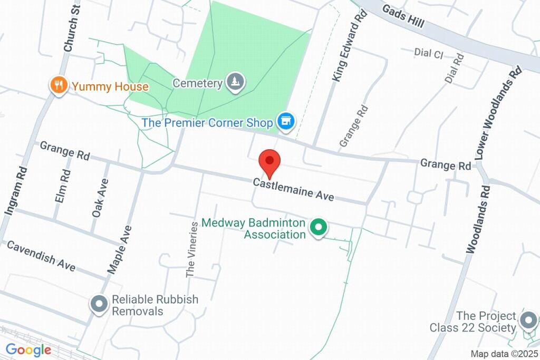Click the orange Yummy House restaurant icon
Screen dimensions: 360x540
coord(59,85)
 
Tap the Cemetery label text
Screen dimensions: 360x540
coord(197,83)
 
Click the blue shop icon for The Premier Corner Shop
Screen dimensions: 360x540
coord(286,122)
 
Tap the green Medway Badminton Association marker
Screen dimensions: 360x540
coord(318,228)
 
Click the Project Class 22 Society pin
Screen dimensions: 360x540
coord(528,319)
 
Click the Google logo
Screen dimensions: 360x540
coord(28,349)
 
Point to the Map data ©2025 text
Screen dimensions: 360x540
coord(504,354)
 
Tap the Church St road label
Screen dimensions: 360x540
coord(71,28)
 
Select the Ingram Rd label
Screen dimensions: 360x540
coord(15,190)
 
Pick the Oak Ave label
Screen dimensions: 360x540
coord(100,198)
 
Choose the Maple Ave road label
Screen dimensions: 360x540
coord(120,249)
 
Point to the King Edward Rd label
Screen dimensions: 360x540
coord(349,47)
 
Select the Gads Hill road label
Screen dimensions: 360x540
coord(403,16)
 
